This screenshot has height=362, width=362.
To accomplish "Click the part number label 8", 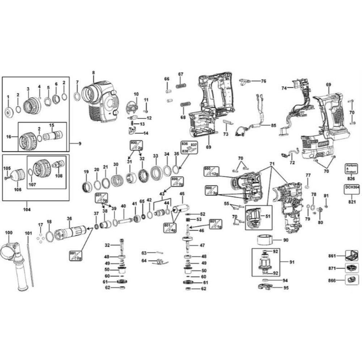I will point(93,73).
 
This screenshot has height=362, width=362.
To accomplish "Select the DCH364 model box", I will point(350,189).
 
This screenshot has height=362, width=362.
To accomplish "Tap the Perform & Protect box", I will point(350,169).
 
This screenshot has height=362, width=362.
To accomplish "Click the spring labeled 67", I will point(181,86).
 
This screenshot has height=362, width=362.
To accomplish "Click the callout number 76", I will point(264,81).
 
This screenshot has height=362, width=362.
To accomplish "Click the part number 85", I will point(274,126).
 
